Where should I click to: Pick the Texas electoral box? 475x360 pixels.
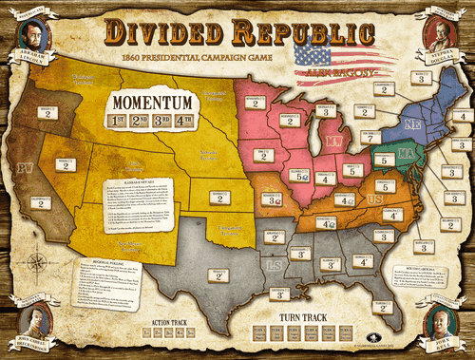click(x=219, y=276)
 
